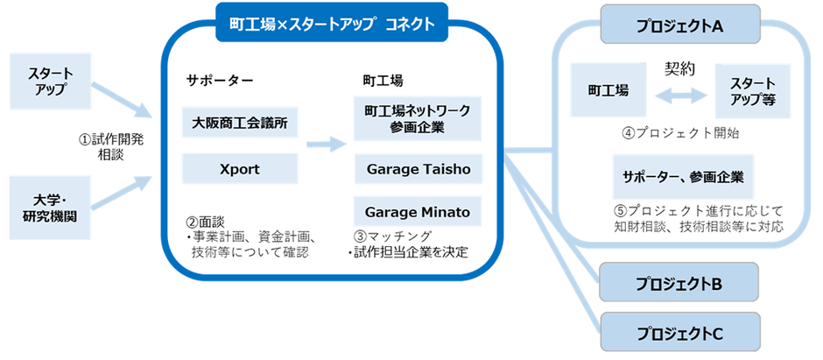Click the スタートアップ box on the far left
[50, 81]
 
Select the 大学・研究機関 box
[50, 202]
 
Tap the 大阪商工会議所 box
[242, 122]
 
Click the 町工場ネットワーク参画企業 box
[418, 117]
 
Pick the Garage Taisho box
[418, 169]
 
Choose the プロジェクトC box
[679, 333]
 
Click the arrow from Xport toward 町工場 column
[325, 144]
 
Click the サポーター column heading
[219, 80]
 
